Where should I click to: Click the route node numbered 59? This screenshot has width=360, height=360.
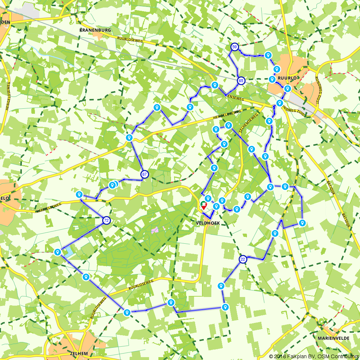(234, 47)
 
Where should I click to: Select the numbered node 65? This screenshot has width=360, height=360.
(241, 81)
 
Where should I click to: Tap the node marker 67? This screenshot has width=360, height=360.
(144, 174)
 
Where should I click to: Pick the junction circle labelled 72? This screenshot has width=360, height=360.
(106, 220)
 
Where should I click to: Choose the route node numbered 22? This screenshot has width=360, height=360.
(243, 259)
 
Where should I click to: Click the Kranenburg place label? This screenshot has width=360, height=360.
(95, 30)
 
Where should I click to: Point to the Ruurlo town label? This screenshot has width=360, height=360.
(287, 78)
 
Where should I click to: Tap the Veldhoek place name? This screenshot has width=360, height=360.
(208, 223)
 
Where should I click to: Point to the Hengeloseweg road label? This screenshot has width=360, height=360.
(226, 114)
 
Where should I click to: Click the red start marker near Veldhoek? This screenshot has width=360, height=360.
(204, 206)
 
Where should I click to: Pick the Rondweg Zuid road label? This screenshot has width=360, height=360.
(295, 108)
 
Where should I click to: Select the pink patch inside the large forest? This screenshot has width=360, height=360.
(156, 229)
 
